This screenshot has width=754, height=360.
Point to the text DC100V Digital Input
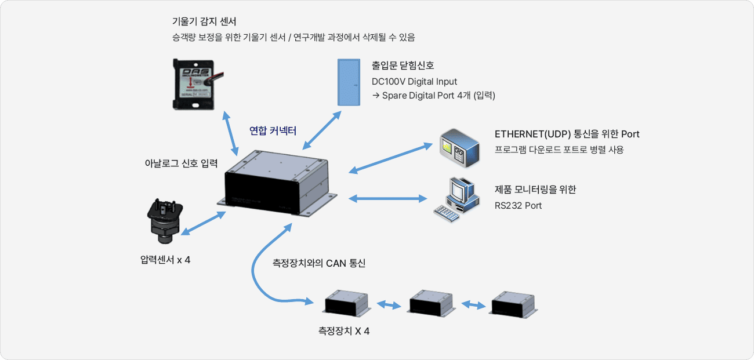[x=414, y=81]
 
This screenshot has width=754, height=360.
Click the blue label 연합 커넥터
[x=273, y=131]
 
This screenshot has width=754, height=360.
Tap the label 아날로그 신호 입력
[x=180, y=163]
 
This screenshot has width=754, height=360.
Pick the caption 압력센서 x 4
[x=165, y=260]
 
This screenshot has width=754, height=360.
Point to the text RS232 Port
[x=518, y=205]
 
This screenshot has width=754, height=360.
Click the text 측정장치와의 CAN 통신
[x=319, y=263]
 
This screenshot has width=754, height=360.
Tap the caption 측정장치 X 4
[x=344, y=332]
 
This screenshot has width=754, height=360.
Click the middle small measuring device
[x=430, y=303]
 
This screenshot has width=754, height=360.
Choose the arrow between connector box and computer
[x=387, y=199]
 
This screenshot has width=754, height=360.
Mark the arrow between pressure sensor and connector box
[x=204, y=224]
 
